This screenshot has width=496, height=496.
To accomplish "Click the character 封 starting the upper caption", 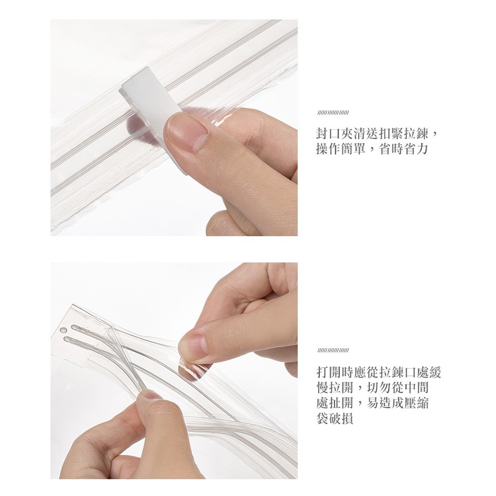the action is click(x=322, y=134).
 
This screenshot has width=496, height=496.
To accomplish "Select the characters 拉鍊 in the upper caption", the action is click(x=416, y=134).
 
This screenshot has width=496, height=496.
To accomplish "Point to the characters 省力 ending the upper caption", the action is click(x=416, y=149).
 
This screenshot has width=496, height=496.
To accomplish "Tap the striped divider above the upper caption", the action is click(x=332, y=113).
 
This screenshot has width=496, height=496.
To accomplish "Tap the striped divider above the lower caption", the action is click(x=332, y=350).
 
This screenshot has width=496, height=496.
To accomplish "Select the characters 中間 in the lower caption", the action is click(x=416, y=388).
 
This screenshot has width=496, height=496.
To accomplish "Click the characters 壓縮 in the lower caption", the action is click(x=416, y=403).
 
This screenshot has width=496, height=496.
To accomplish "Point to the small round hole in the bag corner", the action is click(x=63, y=330).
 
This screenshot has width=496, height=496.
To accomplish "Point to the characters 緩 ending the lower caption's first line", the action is click(x=434, y=372).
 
